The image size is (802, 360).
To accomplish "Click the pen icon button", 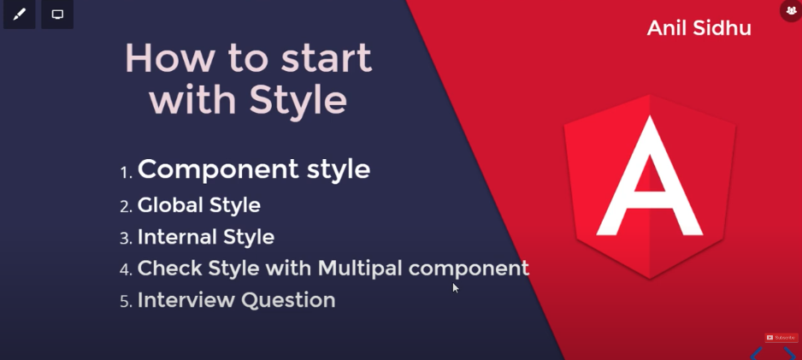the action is pyautogui.click(x=20, y=15).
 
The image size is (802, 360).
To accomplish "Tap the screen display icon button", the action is pyautogui.click(x=57, y=15).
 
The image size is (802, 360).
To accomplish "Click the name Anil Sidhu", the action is pyautogui.click(x=699, y=27).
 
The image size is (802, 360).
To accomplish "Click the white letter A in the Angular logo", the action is pyautogui.click(x=650, y=177).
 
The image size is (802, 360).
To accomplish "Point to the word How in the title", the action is pyautogui.click(x=170, y=58).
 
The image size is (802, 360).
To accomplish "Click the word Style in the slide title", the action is pyautogui.click(x=298, y=101).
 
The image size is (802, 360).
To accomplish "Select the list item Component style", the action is pyautogui.click(x=254, y=169).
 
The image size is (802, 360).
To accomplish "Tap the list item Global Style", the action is pyautogui.click(x=199, y=205).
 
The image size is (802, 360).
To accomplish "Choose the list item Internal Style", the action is pyautogui.click(x=205, y=237).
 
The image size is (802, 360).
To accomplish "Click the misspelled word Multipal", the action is pyautogui.click(x=360, y=269).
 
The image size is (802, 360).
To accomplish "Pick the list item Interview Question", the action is pyautogui.click(x=236, y=300).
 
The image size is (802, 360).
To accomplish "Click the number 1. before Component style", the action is pyautogui.click(x=127, y=173).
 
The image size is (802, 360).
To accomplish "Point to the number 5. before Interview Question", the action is pyautogui.click(x=127, y=302).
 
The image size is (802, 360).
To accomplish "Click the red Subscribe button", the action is pyautogui.click(x=781, y=338).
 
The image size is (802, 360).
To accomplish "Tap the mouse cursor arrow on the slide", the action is pyautogui.click(x=456, y=288).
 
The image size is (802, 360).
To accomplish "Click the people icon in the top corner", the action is pyautogui.click(x=791, y=10).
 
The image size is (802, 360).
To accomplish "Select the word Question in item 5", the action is pyautogui.click(x=288, y=300).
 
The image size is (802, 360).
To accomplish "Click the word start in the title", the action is pyautogui.click(x=327, y=58).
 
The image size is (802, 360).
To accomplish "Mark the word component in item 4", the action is pyautogui.click(x=469, y=269).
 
